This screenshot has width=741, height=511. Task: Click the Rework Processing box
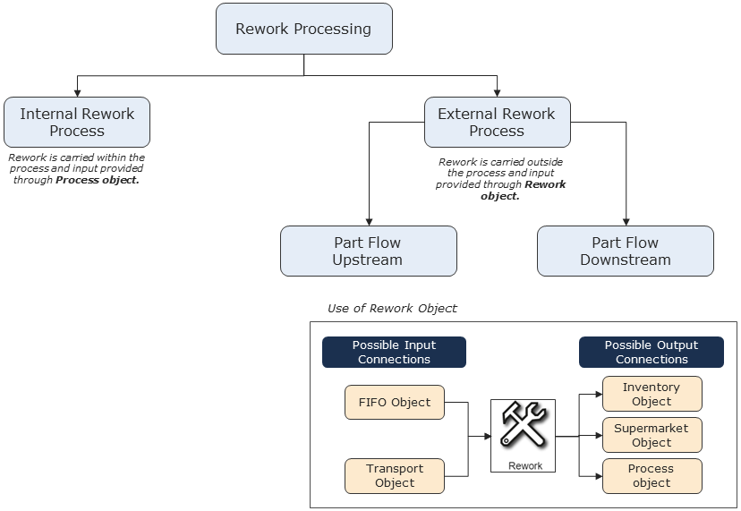(x=303, y=29)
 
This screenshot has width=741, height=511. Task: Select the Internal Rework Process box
(x=77, y=123)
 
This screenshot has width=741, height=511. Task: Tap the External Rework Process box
(x=497, y=123)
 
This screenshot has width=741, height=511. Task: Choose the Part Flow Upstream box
(x=368, y=251)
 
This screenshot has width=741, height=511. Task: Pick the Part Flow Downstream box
(x=625, y=251)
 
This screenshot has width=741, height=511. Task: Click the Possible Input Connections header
(x=394, y=352)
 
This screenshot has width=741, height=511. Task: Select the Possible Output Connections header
(x=651, y=352)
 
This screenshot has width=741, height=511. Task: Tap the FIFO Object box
(x=394, y=402)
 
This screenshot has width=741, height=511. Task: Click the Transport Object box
(x=394, y=475)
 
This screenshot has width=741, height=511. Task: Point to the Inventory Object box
(x=652, y=394)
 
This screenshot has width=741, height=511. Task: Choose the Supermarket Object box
(x=652, y=435)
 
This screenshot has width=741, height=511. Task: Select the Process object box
(x=652, y=475)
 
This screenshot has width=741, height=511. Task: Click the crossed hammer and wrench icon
(x=524, y=425)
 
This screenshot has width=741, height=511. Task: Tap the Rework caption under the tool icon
(x=525, y=465)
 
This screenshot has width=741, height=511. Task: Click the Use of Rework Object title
(x=392, y=308)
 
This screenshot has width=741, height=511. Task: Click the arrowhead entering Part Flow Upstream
(x=369, y=222)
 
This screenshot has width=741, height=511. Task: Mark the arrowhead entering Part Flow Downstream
(x=626, y=222)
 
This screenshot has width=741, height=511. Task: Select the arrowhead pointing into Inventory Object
(x=598, y=394)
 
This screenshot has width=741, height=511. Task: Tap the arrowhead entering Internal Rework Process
(x=78, y=93)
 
